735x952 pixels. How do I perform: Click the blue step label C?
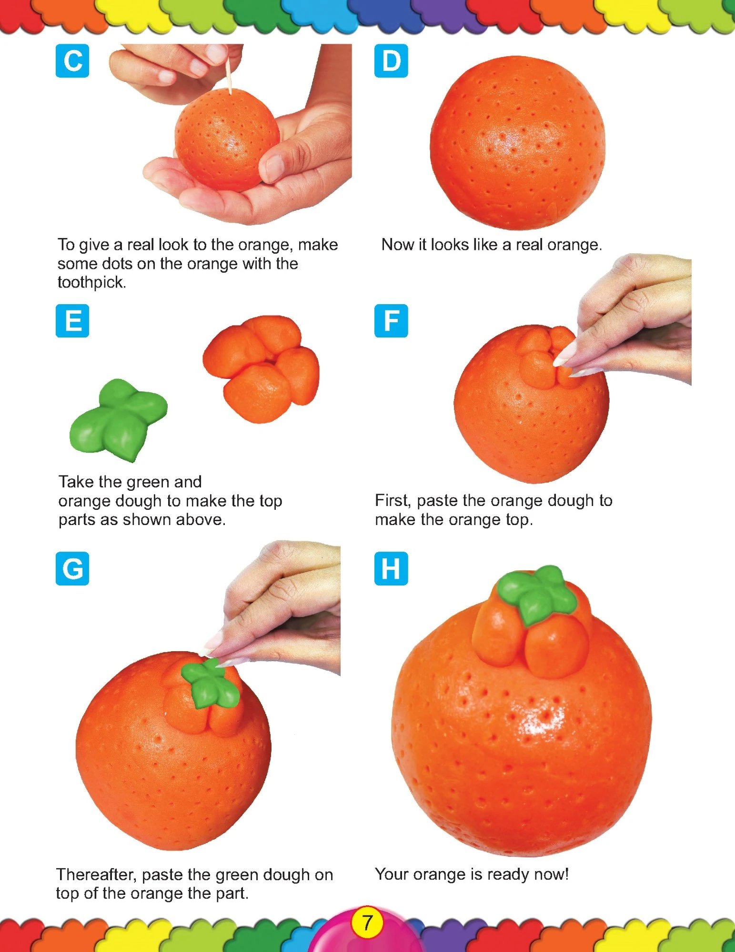(x=72, y=60)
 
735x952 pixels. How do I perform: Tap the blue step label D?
(x=391, y=60)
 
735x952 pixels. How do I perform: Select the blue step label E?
(x=72, y=320)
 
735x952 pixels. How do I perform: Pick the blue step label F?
(x=391, y=320)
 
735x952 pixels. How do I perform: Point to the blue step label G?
(x=72, y=568)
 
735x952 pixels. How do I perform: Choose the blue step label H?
(x=391, y=568)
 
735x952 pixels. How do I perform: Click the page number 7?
(x=367, y=923)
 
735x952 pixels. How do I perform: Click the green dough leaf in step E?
(x=118, y=419)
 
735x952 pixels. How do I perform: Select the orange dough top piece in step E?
(x=262, y=369)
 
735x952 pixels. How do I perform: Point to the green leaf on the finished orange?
(x=537, y=593)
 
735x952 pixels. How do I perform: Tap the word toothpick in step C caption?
(x=92, y=282)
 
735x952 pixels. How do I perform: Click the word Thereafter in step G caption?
(x=97, y=875)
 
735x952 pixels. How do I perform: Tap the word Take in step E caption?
(x=77, y=482)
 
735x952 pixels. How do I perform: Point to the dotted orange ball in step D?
(x=518, y=143)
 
